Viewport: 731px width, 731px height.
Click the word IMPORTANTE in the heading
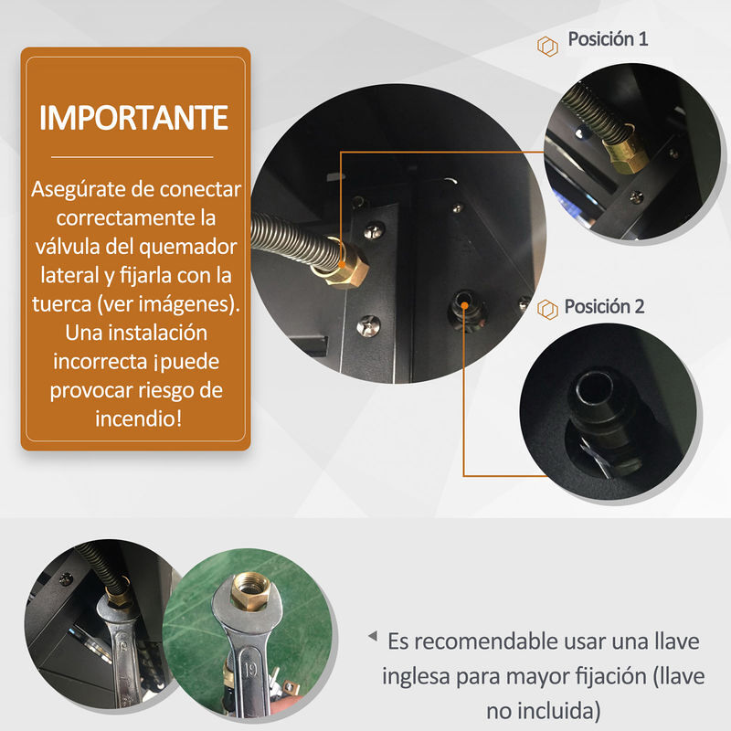tap(133, 118)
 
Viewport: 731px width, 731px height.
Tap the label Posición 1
tap(608, 38)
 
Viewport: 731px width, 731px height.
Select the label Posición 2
tap(604, 306)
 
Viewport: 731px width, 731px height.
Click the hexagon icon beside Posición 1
tap(547, 47)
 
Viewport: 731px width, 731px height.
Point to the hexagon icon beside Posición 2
tap(547, 309)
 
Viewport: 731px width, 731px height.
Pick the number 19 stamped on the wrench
tap(249, 670)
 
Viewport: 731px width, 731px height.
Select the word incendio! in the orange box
tap(139, 418)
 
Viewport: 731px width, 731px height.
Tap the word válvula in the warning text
tap(68, 246)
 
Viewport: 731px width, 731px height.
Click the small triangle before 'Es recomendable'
tap(373, 635)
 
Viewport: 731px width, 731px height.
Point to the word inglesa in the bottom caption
tap(416, 677)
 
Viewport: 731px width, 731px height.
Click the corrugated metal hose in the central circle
tap(293, 240)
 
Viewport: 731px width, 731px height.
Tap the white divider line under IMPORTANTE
tap(132, 157)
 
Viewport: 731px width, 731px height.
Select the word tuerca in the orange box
tap(61, 304)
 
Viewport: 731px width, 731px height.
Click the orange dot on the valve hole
tap(464, 305)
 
